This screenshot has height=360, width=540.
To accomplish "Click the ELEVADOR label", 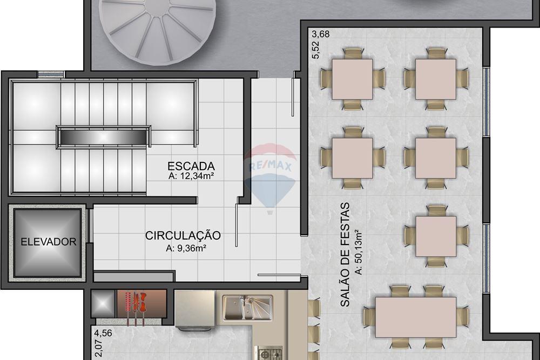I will click(x=49, y=242).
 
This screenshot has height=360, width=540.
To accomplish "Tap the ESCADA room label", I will click(x=191, y=166).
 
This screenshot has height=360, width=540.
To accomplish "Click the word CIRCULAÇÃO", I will click(x=183, y=236).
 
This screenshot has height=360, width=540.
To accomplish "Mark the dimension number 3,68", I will click(x=320, y=33).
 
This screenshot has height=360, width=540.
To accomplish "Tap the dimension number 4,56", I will click(x=103, y=333).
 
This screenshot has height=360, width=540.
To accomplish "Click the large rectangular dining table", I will click(x=416, y=317).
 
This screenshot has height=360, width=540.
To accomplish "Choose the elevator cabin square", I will click(x=48, y=241).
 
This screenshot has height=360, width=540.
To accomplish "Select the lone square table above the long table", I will click(x=436, y=236).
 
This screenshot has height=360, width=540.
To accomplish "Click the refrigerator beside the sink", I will click(x=195, y=309).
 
